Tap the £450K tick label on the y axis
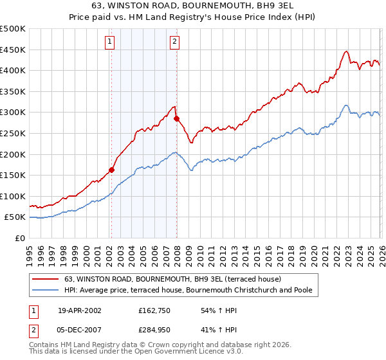click(x=13, y=50)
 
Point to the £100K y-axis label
click(x=13, y=197)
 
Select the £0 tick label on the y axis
click(x=20, y=239)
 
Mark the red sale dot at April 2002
click(x=112, y=170)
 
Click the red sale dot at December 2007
click(x=176, y=119)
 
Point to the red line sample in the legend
click(x=46, y=280)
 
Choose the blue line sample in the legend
click(x=46, y=291)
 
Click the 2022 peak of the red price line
click(x=346, y=51)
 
